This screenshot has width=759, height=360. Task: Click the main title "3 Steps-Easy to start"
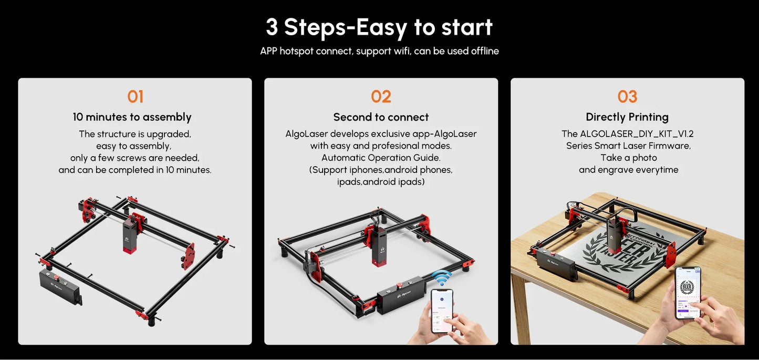click(x=379, y=27)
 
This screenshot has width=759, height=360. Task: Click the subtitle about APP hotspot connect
click(x=379, y=51)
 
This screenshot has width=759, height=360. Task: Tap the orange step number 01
click(x=135, y=97)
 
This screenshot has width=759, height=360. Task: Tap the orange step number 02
click(x=381, y=97)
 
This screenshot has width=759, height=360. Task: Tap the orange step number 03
click(x=627, y=97)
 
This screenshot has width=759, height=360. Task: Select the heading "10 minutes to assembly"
click(x=132, y=117)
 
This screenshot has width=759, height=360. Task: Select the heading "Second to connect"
click(x=381, y=117)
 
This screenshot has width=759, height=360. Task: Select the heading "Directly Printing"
click(x=627, y=117)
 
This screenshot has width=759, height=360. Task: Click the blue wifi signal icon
click(x=441, y=277)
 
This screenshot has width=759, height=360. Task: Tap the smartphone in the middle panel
click(x=442, y=311)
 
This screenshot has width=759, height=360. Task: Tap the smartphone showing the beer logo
click(x=688, y=292)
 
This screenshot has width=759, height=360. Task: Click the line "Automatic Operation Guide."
click(x=381, y=158)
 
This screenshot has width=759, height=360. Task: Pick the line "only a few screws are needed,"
click(x=135, y=158)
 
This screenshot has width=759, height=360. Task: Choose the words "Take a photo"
click(x=628, y=158)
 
